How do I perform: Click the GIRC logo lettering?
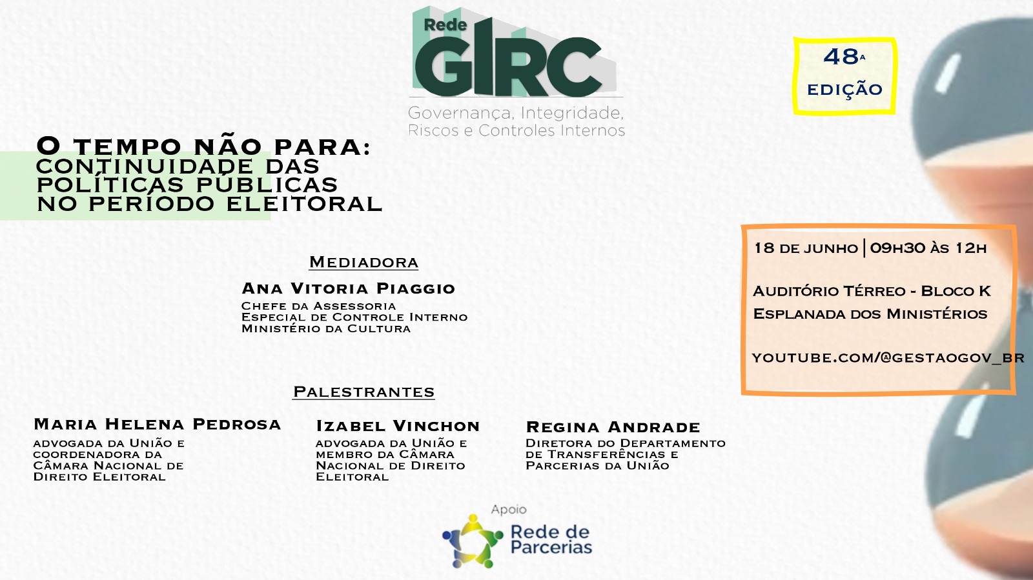click(x=509, y=61)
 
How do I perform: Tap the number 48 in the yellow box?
click(x=841, y=57)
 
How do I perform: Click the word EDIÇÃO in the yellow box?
click(x=845, y=90)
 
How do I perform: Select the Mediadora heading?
click(x=364, y=262)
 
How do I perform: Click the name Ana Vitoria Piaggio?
click(x=349, y=288)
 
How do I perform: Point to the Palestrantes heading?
click(x=364, y=392)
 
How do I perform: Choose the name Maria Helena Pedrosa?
click(x=158, y=425)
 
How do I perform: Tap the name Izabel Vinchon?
click(x=398, y=426)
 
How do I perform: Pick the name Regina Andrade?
click(x=613, y=427)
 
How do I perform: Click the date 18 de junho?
click(x=806, y=248)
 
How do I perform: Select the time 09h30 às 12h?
click(x=928, y=248)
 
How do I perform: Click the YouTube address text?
click(x=888, y=358)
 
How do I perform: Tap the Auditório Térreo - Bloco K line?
click(x=872, y=291)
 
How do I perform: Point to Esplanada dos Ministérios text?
click(x=870, y=314)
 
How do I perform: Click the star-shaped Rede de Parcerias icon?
click(x=472, y=541)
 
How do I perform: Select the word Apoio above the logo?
click(x=509, y=510)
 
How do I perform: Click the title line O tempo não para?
click(x=204, y=147)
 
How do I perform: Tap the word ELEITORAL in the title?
click(x=305, y=204)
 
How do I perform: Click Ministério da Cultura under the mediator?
click(x=326, y=328)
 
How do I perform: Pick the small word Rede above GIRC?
click(x=445, y=25)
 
